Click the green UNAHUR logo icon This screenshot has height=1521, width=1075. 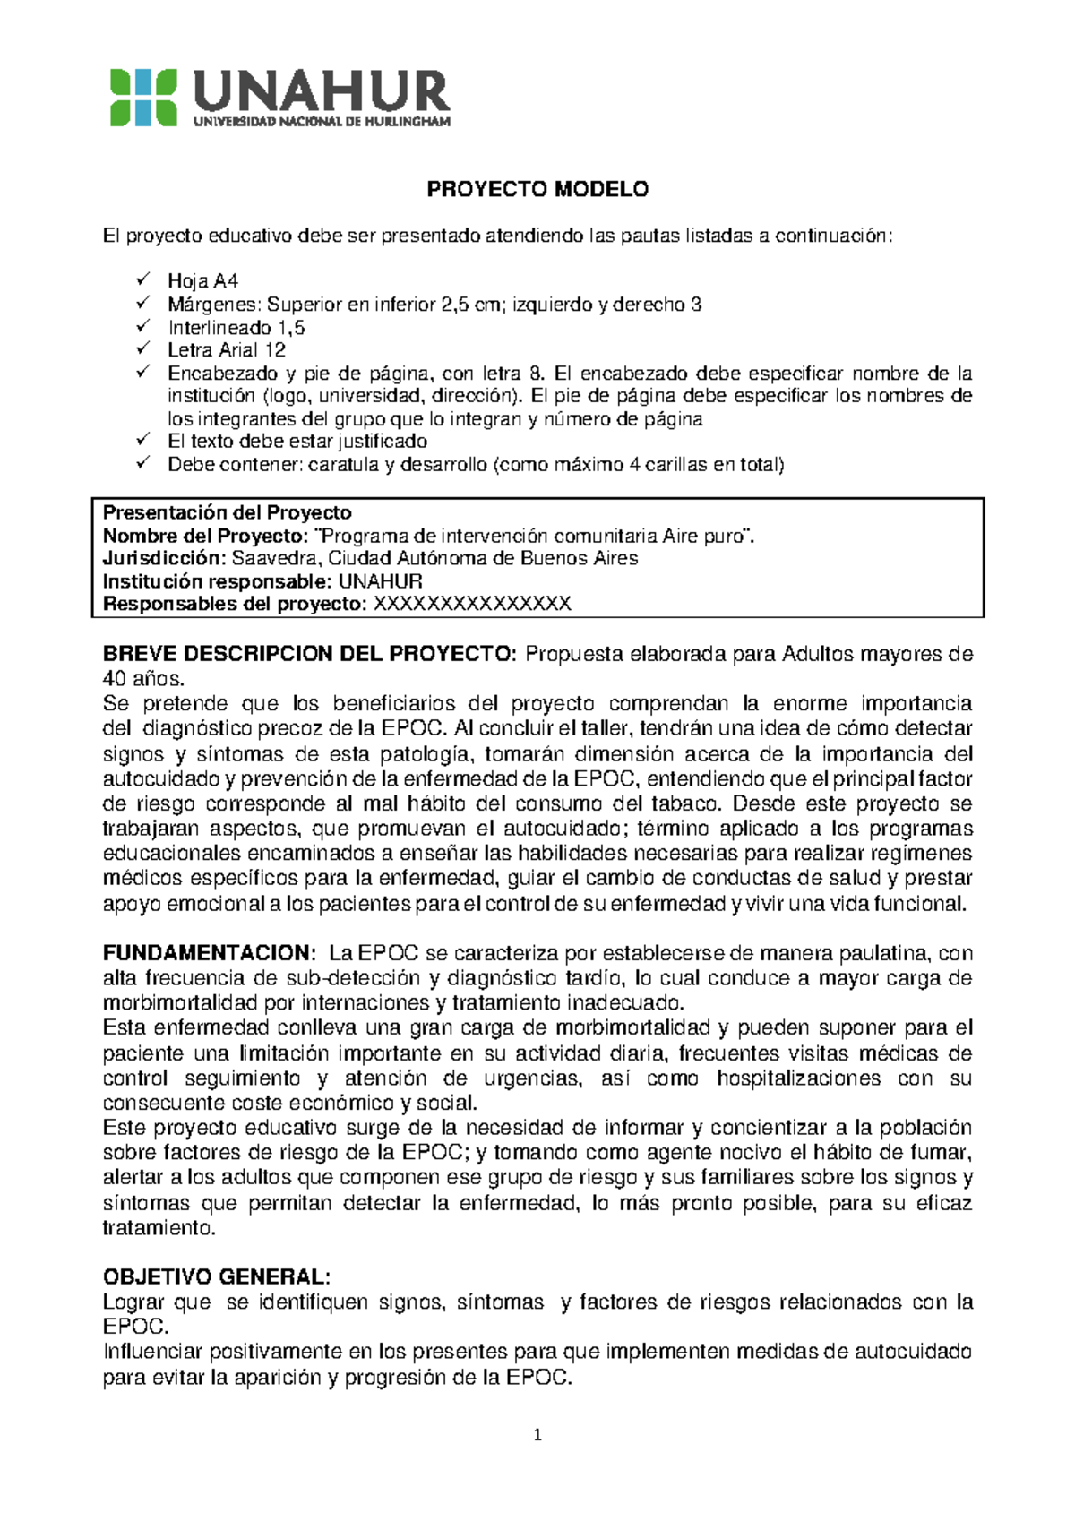coord(143,98)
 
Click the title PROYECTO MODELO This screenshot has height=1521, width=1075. coord(537,189)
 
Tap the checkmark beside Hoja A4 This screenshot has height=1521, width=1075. coord(143,280)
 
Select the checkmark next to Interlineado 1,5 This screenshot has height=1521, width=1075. coord(143,327)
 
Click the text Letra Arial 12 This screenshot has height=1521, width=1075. coord(227,350)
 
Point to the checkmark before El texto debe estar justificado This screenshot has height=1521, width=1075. coord(143,441)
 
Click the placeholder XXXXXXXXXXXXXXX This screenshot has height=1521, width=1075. coord(472,604)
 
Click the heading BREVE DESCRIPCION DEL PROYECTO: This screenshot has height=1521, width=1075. coord(310,654)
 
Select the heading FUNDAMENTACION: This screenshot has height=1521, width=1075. coord(210,953)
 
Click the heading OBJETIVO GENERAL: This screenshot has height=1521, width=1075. coord(217,1276)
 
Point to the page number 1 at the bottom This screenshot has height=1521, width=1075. coord(537,1435)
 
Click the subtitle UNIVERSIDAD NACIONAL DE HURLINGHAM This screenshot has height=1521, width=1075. coord(322,122)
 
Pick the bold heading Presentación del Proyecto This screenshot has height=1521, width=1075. coord(228,512)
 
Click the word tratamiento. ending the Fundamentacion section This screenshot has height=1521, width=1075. coord(159,1227)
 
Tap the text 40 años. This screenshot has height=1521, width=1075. coord(143,678)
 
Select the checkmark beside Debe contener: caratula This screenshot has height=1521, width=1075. coord(143,464)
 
